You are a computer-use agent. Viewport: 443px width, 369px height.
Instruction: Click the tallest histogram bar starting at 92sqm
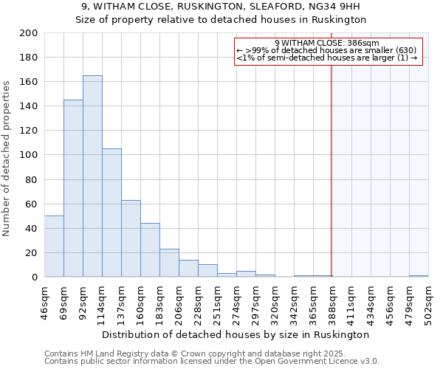92,176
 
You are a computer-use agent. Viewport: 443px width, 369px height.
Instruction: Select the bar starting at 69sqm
73,188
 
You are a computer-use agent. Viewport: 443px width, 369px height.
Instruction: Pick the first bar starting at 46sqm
54,246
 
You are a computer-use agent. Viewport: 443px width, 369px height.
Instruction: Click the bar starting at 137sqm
131,238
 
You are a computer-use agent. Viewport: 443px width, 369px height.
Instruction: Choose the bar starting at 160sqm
150,250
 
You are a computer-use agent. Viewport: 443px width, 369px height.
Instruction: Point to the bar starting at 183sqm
169,263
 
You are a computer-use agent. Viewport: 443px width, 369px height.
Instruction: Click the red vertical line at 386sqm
331,184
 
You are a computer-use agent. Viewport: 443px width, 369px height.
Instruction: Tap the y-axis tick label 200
30,33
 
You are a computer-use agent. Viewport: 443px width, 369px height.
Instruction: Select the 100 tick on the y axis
30,155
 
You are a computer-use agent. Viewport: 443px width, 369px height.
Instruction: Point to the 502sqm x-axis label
428,303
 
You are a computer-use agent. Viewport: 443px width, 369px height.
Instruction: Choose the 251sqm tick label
217,303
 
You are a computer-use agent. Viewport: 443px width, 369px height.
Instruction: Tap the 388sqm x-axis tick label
332,303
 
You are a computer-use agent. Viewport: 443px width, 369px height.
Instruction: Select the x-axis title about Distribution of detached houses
236,334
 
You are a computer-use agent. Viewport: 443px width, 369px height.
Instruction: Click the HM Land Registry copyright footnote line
174,354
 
